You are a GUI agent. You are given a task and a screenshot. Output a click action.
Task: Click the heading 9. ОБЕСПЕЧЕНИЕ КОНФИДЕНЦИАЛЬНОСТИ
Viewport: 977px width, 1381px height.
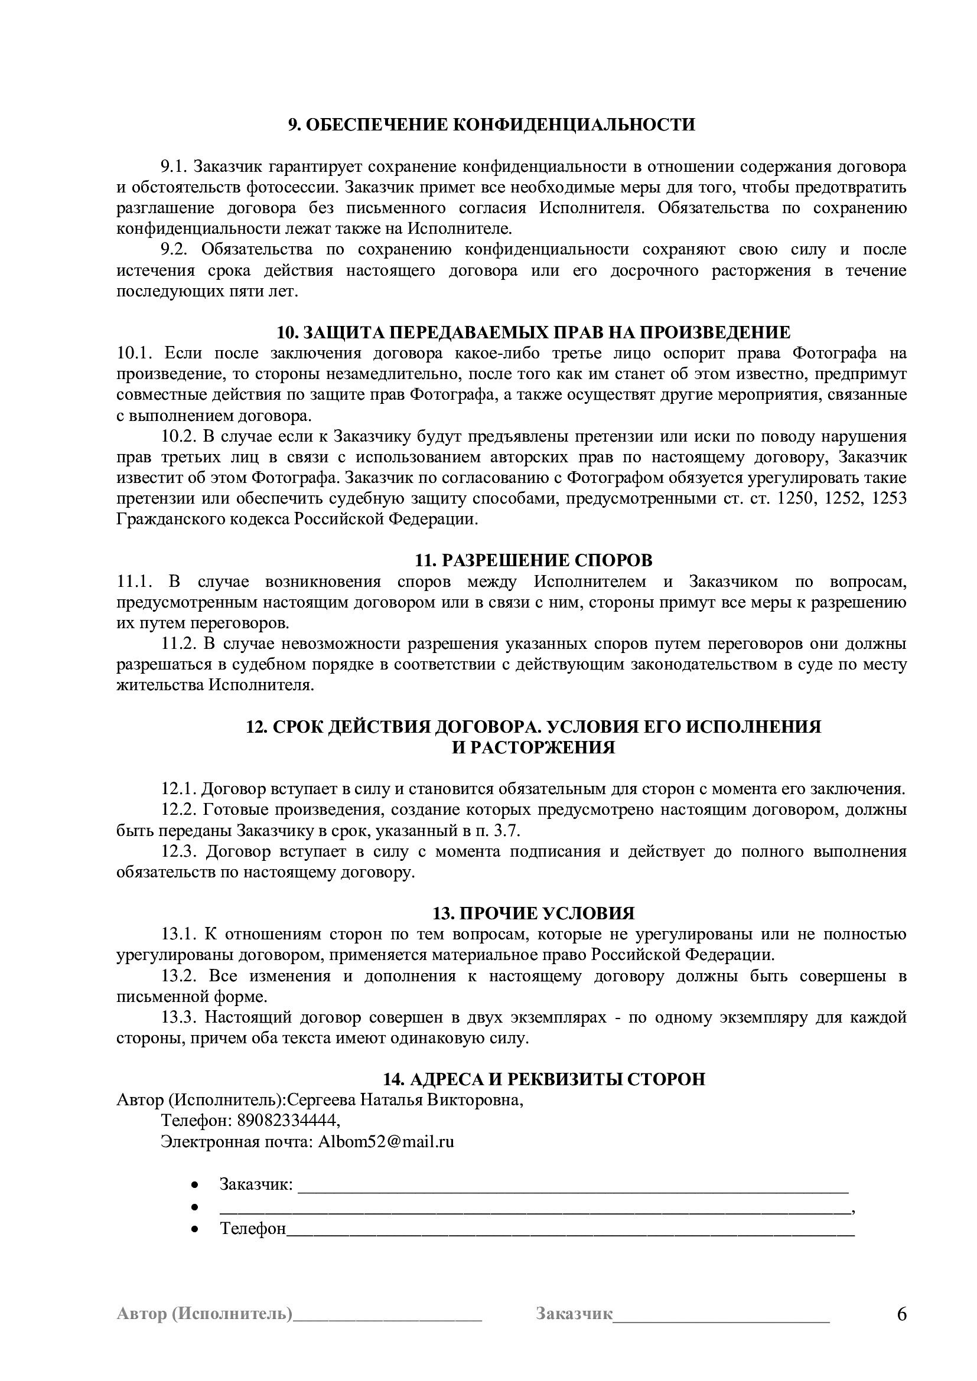491,125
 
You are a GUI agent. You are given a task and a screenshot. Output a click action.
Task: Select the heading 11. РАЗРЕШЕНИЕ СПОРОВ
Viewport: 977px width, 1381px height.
533,560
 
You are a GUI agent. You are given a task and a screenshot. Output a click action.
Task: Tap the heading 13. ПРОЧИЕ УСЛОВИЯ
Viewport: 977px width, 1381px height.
533,913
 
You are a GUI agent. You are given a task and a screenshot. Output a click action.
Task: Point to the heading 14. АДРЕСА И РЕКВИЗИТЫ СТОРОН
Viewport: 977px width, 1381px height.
545,1079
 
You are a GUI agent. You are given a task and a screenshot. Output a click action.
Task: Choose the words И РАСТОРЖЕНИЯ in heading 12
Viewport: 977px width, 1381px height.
533,747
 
